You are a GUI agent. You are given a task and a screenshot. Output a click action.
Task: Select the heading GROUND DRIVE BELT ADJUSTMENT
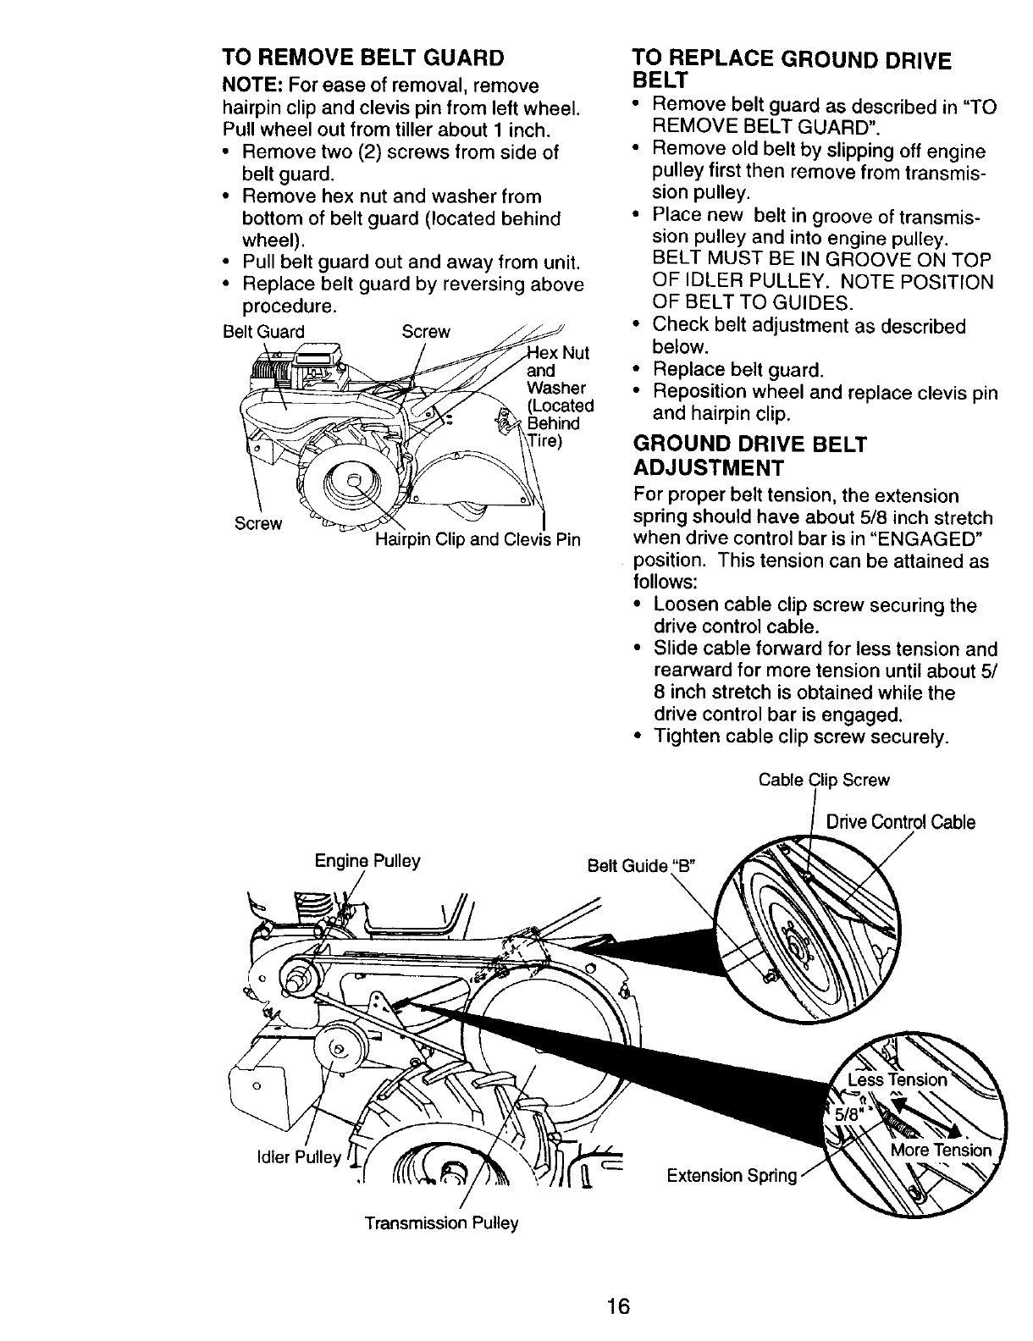pos(750,455)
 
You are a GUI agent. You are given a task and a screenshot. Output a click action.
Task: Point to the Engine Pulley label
pos(367,861)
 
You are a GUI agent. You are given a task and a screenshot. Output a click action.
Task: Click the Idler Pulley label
pos(298,1156)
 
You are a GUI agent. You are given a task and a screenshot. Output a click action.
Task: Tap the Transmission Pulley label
pos(441,1223)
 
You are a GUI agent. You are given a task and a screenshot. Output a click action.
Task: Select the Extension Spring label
pos(732,1175)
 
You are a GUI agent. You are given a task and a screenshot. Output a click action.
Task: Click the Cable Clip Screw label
pos(824,780)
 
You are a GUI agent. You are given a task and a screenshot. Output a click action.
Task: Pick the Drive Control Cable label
pos(900,822)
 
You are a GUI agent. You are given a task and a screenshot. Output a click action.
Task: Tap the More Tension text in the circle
pos(940,1150)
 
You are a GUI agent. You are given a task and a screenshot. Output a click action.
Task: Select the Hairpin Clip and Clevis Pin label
pos(478,539)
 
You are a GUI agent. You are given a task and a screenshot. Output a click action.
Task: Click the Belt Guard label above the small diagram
pos(262,332)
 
